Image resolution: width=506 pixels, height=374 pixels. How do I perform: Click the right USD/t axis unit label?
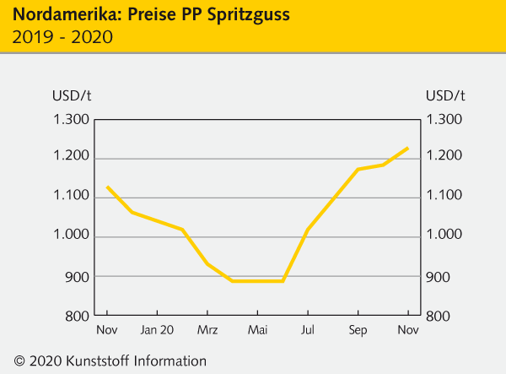coord(445,95)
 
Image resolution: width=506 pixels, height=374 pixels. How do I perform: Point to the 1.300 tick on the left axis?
coord(71,120)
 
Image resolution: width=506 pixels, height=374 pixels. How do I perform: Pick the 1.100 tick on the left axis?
coord(71,197)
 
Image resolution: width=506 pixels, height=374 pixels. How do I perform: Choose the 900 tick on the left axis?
coord(78,276)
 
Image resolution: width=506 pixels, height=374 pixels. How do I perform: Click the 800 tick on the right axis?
coord(439,316)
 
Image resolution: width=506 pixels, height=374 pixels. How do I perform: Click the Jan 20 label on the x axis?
coord(157,330)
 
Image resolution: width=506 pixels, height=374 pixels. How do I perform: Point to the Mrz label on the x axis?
coord(207,330)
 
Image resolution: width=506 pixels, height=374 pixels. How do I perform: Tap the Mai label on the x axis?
coord(257,330)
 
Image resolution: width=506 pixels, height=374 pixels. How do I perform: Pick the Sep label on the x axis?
coord(358,330)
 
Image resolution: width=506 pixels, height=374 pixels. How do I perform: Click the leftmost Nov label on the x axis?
coord(106,330)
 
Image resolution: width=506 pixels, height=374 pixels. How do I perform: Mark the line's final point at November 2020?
coord(408,148)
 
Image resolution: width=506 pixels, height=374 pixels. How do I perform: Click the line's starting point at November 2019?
coord(106,187)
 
